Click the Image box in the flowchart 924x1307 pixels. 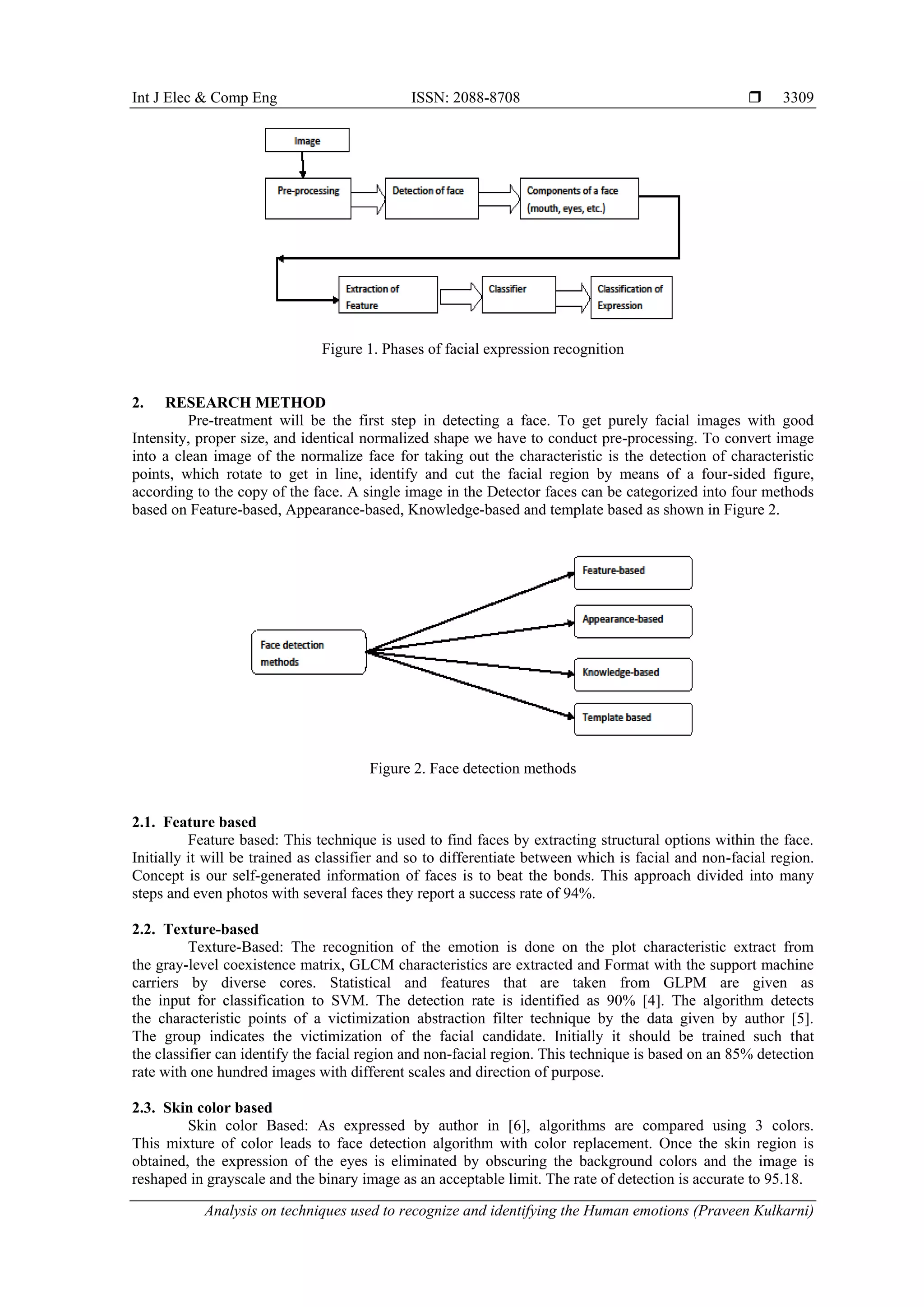307,140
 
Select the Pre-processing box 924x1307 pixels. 308,198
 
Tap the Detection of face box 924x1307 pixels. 431,198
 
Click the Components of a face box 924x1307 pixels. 579,198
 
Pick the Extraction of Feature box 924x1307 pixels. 388,295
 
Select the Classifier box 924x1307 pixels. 518,294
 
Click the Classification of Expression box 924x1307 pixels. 631,297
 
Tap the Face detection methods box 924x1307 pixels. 309,652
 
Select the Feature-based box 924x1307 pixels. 633,573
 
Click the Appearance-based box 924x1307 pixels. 633,621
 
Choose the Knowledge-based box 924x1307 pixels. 633,675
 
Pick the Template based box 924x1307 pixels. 633,719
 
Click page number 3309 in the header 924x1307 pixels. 798,97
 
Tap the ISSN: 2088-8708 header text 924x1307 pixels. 466,97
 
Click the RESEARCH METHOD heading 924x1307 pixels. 245,403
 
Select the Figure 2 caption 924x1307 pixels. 472,769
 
